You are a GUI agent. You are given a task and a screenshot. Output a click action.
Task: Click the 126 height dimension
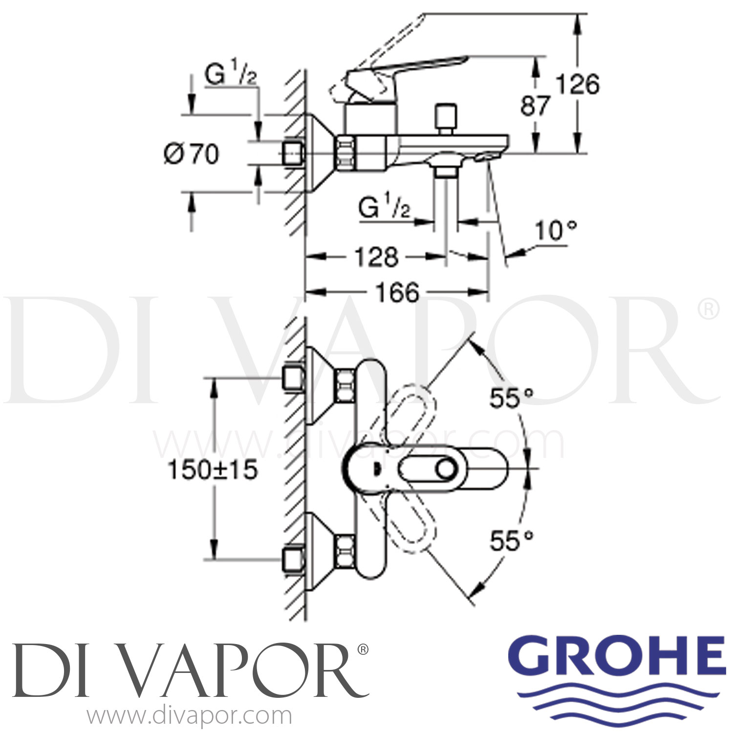point(578,85)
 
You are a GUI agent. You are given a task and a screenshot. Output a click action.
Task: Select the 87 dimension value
point(535,106)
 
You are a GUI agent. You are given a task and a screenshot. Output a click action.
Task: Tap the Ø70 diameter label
point(191,154)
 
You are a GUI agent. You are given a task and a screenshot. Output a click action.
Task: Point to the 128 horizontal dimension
point(377,257)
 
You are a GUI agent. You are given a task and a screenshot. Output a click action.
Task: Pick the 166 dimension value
point(397,292)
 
